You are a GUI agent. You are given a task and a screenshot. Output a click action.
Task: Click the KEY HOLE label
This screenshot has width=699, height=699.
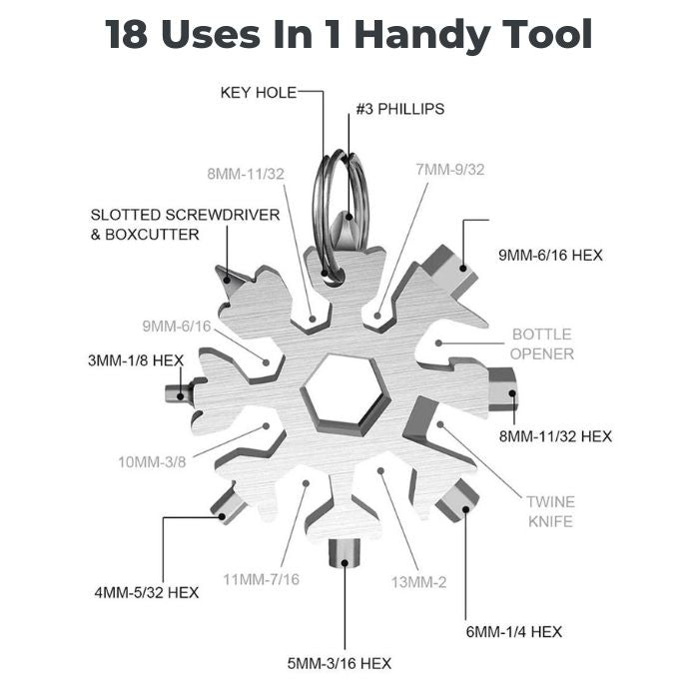[259, 93]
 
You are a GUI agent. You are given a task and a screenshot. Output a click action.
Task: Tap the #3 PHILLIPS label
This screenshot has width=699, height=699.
[400, 109]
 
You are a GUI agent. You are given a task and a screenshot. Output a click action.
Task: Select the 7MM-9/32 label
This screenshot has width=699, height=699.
[449, 170]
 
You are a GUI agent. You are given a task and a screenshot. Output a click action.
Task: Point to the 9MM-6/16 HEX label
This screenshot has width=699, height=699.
[550, 256]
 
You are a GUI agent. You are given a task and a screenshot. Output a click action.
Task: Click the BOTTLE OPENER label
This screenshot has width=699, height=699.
[542, 345]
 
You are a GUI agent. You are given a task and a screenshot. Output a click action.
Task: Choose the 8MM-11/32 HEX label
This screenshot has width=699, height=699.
[555, 436]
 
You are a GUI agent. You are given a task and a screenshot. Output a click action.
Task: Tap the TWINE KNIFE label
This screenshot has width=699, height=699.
[550, 511]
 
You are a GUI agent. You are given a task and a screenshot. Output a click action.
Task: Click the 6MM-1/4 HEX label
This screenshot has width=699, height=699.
[514, 632]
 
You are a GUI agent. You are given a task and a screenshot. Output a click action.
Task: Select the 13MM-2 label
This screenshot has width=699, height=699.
[418, 582]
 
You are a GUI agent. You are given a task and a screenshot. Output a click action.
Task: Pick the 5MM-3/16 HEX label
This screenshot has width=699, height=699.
[340, 664]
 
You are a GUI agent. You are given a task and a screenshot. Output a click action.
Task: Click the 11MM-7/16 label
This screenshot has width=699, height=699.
[262, 579]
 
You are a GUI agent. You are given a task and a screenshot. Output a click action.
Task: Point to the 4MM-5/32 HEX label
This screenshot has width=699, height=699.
[147, 593]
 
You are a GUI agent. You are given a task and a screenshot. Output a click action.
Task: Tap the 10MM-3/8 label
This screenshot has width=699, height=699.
[152, 462]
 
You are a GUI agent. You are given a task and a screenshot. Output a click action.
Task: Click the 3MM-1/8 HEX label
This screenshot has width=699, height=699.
[136, 360]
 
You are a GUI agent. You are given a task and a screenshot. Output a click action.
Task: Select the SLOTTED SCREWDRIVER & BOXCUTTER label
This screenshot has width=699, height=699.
[185, 225]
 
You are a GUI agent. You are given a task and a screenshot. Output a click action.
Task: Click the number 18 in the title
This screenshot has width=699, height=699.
[126, 35]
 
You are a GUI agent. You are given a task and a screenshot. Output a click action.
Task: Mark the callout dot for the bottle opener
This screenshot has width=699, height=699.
[438, 344]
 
